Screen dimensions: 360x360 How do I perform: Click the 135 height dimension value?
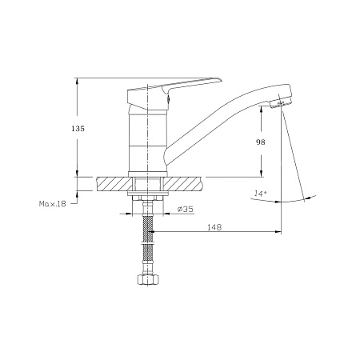(78, 129)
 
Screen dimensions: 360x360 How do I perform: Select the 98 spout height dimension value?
(261, 142)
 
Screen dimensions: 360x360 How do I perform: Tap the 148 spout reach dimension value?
(214, 227)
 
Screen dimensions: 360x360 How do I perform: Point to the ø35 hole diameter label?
(186, 210)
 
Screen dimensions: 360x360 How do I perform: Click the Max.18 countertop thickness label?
(52, 204)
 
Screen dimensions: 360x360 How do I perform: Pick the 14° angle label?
(261, 193)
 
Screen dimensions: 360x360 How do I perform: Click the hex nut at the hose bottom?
(148, 280)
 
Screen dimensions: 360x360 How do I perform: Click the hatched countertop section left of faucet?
(114, 184)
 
